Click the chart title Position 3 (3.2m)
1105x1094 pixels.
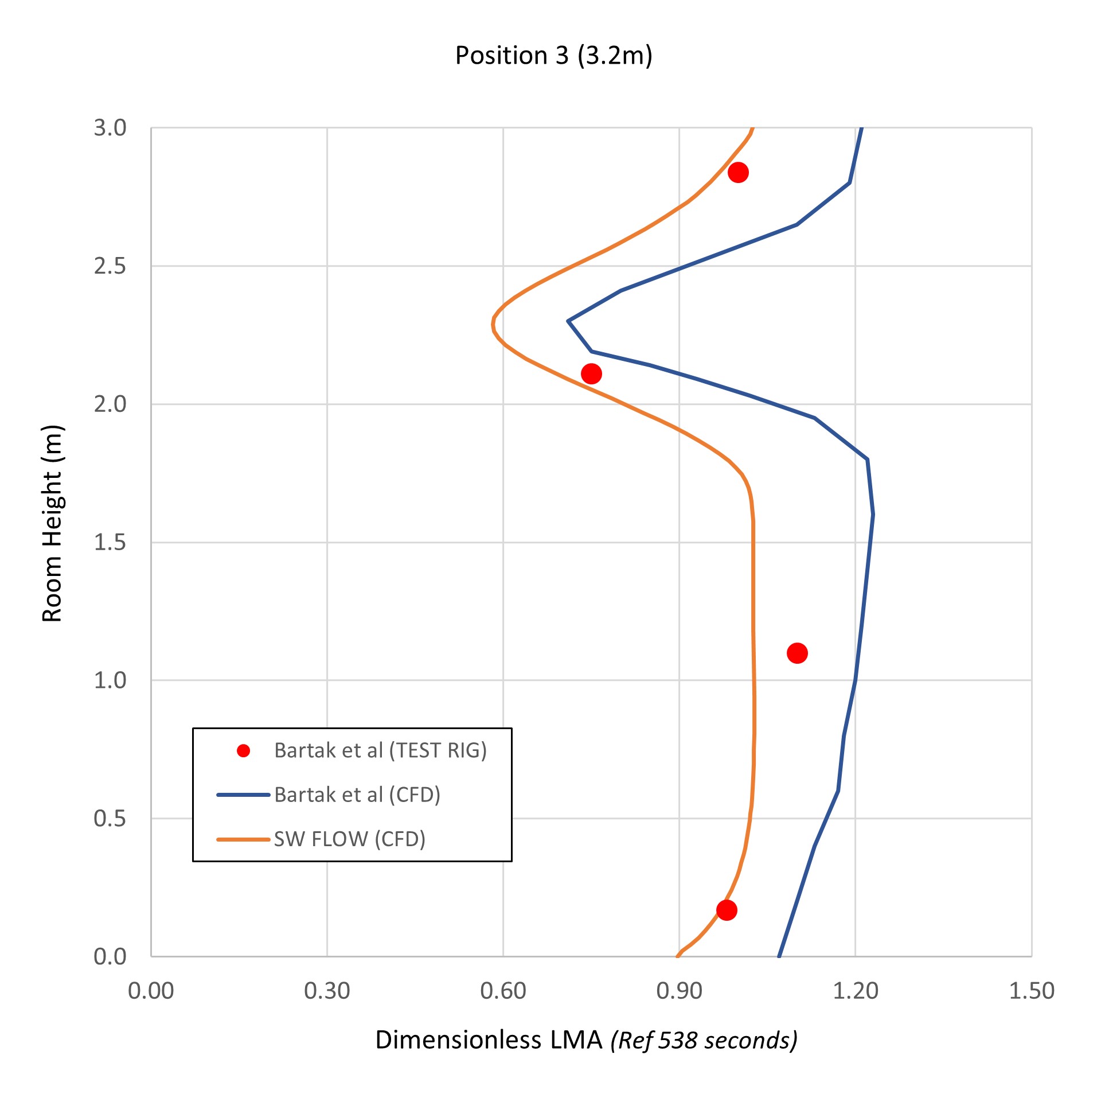(x=553, y=56)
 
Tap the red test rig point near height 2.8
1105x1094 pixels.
(x=738, y=172)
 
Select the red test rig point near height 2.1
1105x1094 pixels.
(x=591, y=374)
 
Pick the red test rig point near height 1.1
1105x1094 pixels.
(x=797, y=653)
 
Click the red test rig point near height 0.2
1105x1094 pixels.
(x=727, y=910)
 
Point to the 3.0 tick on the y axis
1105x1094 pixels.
(x=110, y=128)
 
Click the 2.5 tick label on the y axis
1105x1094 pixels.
(x=110, y=266)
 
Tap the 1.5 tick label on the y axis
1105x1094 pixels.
(x=110, y=542)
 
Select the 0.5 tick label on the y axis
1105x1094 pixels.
(x=110, y=819)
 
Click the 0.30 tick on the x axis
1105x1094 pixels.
(x=327, y=991)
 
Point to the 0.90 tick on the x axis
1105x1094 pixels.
(x=679, y=991)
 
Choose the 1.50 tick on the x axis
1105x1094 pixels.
(x=1031, y=991)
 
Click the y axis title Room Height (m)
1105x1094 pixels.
(x=52, y=523)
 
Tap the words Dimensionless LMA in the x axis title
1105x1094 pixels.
(x=489, y=1040)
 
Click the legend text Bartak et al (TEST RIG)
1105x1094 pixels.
(x=380, y=750)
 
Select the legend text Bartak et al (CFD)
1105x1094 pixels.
(x=357, y=795)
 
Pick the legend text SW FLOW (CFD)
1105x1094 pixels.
(x=350, y=839)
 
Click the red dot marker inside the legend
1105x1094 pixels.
(x=244, y=751)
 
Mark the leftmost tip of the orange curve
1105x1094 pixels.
(x=493, y=325)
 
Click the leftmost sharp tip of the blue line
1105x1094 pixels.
(x=568, y=321)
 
